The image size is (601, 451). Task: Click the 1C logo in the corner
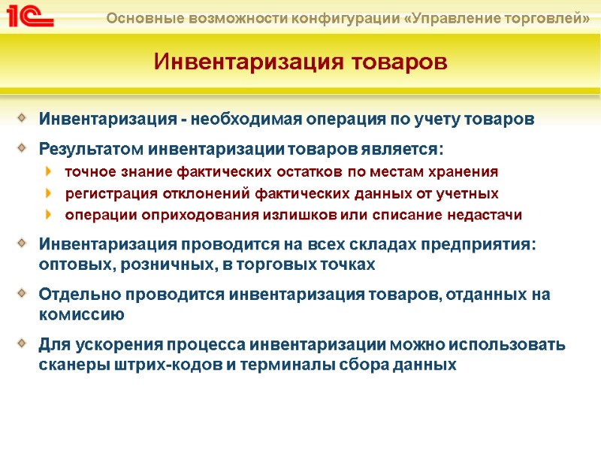(27, 16)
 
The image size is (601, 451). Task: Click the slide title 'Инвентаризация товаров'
(300, 62)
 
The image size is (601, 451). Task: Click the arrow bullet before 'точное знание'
(50, 172)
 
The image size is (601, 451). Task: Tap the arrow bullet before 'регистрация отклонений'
(50, 194)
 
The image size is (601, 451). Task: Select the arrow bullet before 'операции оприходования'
(50, 216)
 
